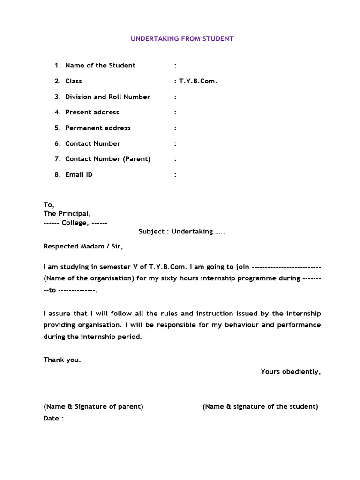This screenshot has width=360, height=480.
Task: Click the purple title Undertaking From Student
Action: pyautogui.click(x=182, y=38)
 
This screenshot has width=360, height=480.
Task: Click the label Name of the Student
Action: pyautogui.click(x=100, y=66)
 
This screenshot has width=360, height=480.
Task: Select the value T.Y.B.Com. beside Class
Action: pyautogui.click(x=198, y=81)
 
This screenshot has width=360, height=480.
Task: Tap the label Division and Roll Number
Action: pyautogui.click(x=107, y=97)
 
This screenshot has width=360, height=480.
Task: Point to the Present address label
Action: pyautogui.click(x=92, y=112)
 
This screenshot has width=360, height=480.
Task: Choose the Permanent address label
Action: pyautogui.click(x=97, y=128)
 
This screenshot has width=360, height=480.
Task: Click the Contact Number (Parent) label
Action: pyautogui.click(x=108, y=159)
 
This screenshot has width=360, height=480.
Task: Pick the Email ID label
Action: pyautogui.click(x=79, y=175)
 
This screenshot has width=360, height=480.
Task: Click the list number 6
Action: pyautogui.click(x=57, y=143)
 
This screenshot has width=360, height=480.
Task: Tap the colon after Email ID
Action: pyautogui.click(x=175, y=175)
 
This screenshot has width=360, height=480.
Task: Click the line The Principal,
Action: pyautogui.click(x=67, y=214)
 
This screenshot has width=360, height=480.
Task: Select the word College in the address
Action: pyautogui.click(x=75, y=223)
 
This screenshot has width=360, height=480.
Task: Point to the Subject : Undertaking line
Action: pyautogui.click(x=182, y=232)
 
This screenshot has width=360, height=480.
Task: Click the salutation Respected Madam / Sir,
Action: pyautogui.click(x=83, y=246)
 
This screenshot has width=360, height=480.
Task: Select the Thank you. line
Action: pyautogui.click(x=62, y=360)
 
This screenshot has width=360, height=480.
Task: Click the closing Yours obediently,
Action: pyautogui.click(x=291, y=372)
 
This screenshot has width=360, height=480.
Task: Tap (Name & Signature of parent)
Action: pyautogui.click(x=93, y=406)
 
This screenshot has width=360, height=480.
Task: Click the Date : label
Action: pyautogui.click(x=53, y=418)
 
